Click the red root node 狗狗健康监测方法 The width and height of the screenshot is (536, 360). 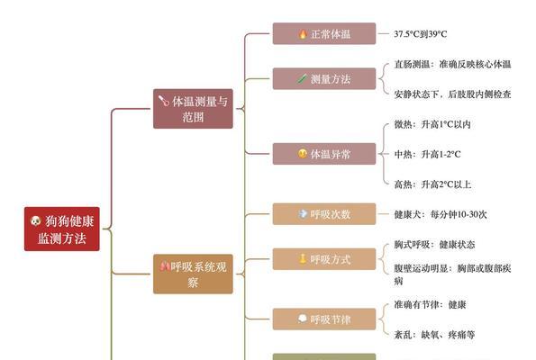coord(62,229)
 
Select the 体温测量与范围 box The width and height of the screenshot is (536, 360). coord(193,109)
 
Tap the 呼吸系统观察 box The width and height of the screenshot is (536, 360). coord(193,274)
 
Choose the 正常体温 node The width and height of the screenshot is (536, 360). coord(324,33)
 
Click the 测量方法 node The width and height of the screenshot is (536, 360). coord(324,78)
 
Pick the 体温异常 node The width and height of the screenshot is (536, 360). coord(324,154)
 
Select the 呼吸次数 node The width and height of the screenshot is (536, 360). coord(324,214)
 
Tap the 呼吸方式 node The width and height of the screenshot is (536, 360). coord(324,259)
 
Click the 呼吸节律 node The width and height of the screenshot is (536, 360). coord(324,319)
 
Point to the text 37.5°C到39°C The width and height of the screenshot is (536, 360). coord(421,34)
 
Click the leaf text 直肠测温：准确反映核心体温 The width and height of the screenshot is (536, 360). coord(452,64)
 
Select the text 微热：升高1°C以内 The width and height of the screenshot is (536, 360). coord(432,124)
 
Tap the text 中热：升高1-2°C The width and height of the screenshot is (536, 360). coord(427,155)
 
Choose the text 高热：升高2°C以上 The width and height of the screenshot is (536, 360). coord(432,184)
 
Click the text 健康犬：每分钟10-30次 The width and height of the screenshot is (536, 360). coord(441,214)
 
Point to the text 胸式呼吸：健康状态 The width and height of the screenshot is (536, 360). coord(434,245)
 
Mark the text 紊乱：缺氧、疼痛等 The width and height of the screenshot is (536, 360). coord(434,335)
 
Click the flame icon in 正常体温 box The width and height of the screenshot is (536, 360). coord(303,34)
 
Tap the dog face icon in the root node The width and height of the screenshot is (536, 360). coord(35,221)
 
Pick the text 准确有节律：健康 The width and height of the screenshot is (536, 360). coord(430,304)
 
